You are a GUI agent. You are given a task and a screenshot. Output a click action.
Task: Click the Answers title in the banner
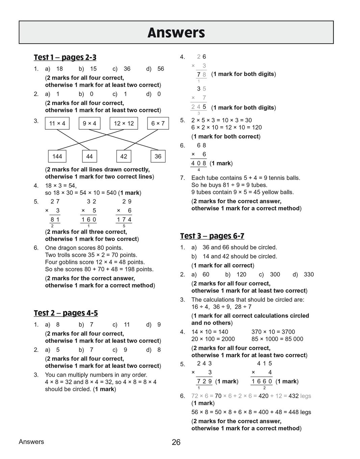(x=176, y=33)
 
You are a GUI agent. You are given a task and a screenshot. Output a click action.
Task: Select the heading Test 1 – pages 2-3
(x=65, y=57)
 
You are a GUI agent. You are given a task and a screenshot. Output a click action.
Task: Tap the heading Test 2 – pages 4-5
(x=66, y=313)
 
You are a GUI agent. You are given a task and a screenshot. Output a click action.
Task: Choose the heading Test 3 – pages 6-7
(x=212, y=236)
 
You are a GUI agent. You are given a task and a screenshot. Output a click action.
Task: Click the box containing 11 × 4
(x=57, y=124)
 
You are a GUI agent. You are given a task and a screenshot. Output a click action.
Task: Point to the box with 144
(x=57, y=157)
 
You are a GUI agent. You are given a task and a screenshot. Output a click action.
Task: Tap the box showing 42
(x=124, y=157)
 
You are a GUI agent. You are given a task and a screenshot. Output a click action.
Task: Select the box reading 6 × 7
(x=158, y=124)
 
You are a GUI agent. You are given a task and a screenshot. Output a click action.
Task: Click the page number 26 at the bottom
(x=176, y=442)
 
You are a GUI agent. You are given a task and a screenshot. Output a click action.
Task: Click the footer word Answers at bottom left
(x=31, y=442)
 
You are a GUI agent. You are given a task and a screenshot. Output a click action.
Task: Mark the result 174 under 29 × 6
(x=124, y=220)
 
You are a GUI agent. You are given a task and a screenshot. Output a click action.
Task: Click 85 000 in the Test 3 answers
(x=294, y=339)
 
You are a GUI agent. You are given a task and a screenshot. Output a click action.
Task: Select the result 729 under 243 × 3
(x=204, y=382)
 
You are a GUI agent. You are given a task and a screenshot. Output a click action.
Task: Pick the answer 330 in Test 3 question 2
(x=309, y=275)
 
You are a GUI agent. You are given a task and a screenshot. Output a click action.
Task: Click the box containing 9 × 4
(x=89, y=124)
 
